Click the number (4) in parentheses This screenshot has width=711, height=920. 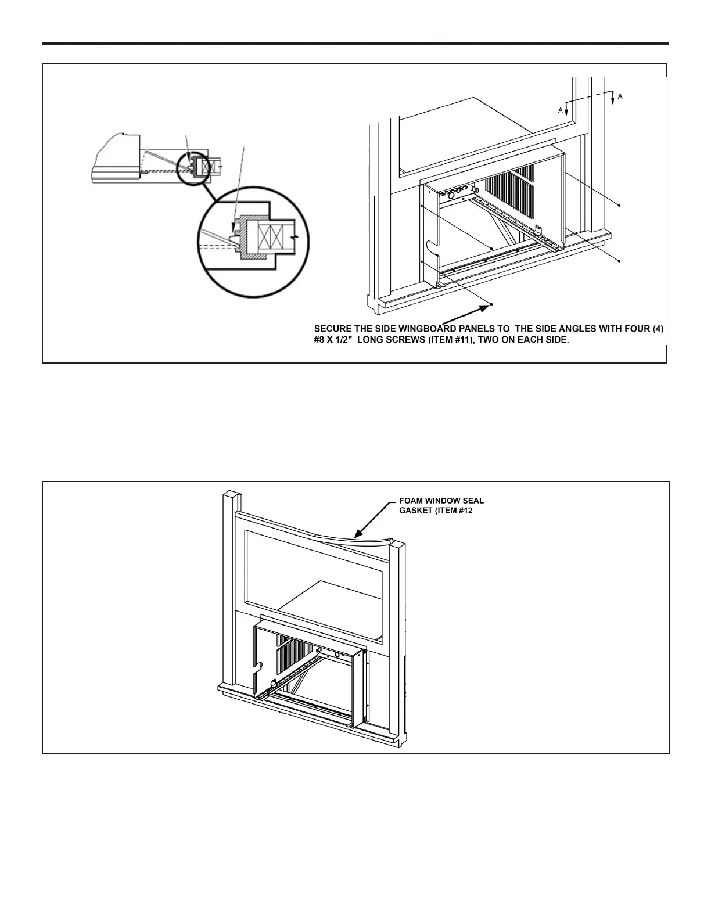[657, 329]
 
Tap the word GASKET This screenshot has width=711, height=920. [412, 509]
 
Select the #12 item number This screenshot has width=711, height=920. [471, 509]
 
